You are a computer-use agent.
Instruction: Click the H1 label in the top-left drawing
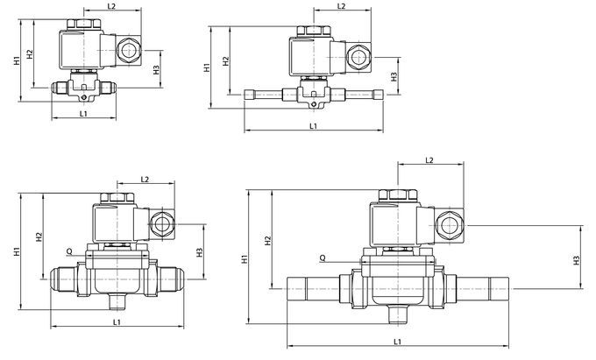[18, 61]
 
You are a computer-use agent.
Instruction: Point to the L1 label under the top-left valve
[82, 112]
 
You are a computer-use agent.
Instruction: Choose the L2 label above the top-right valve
[343, 7]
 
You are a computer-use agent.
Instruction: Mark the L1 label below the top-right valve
[315, 127]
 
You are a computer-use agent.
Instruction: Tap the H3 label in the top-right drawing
[394, 76]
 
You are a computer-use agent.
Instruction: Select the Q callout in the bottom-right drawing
[323, 258]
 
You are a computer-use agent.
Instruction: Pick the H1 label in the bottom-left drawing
[18, 252]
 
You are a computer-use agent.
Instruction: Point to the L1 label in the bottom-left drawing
[117, 323]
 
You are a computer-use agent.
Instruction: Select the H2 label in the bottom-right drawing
[266, 240]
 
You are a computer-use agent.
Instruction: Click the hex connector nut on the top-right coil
[358, 57]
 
